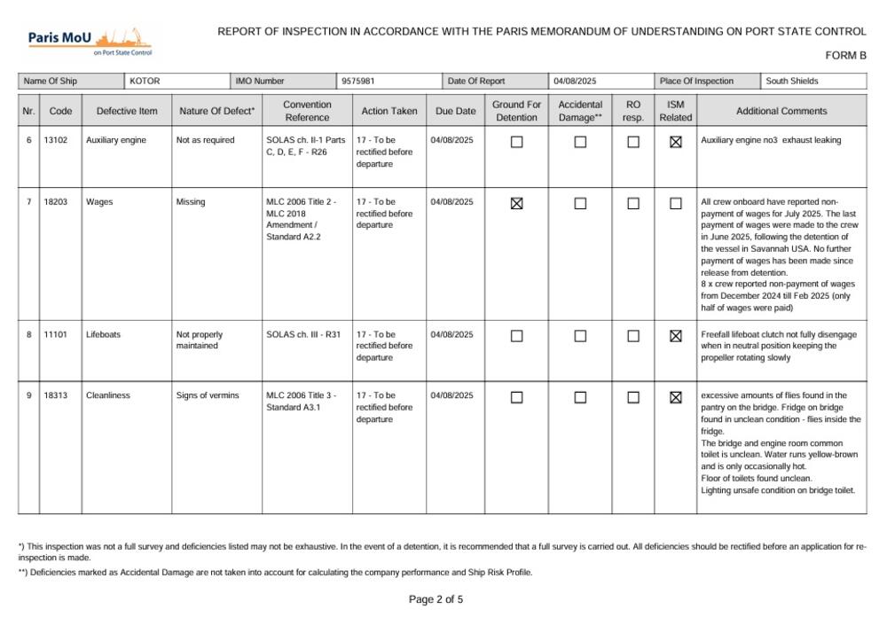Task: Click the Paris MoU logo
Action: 90,40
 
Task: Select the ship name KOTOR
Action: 145,82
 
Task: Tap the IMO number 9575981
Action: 358,82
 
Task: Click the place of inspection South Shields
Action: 793,82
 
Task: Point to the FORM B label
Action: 845,56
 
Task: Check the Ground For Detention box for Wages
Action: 517,204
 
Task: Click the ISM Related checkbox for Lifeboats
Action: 676,336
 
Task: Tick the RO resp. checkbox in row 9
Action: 633,397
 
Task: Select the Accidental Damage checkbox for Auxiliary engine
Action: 580,142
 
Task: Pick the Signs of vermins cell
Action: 208,395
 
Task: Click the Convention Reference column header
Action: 307,111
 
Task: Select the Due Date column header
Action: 456,112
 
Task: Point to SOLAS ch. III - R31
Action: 303,335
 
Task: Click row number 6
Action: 29,140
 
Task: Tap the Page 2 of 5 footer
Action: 436,599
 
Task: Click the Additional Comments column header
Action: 781,112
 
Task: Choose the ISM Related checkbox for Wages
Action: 676,204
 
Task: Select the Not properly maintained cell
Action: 200,340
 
